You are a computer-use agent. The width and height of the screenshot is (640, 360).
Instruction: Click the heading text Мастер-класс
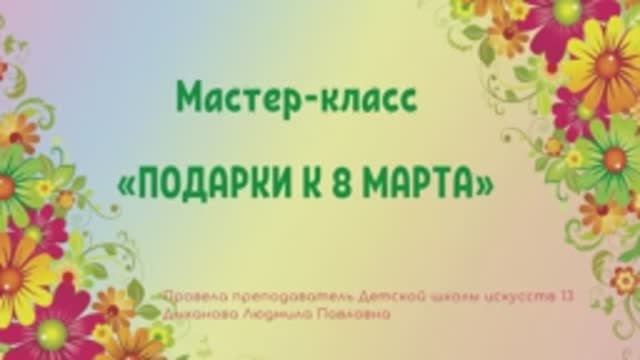pyautogui.click(x=295, y=98)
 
